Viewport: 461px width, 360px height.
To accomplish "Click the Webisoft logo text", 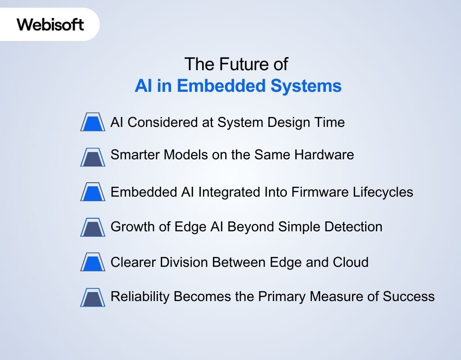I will [x=50, y=24].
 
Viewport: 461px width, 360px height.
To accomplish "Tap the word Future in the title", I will [x=237, y=64].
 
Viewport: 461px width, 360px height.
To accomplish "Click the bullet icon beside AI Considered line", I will [x=93, y=122].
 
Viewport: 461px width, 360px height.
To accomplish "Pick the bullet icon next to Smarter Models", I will [x=93, y=157].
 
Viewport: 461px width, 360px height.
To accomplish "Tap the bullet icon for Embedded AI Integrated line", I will [x=93, y=192].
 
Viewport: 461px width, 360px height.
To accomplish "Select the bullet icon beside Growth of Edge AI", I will [x=93, y=227].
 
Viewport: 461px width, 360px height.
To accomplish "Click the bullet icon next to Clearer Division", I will [x=93, y=261].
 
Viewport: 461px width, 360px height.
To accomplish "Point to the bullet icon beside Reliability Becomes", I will [x=93, y=297].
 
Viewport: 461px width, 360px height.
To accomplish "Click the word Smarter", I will [x=135, y=155].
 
